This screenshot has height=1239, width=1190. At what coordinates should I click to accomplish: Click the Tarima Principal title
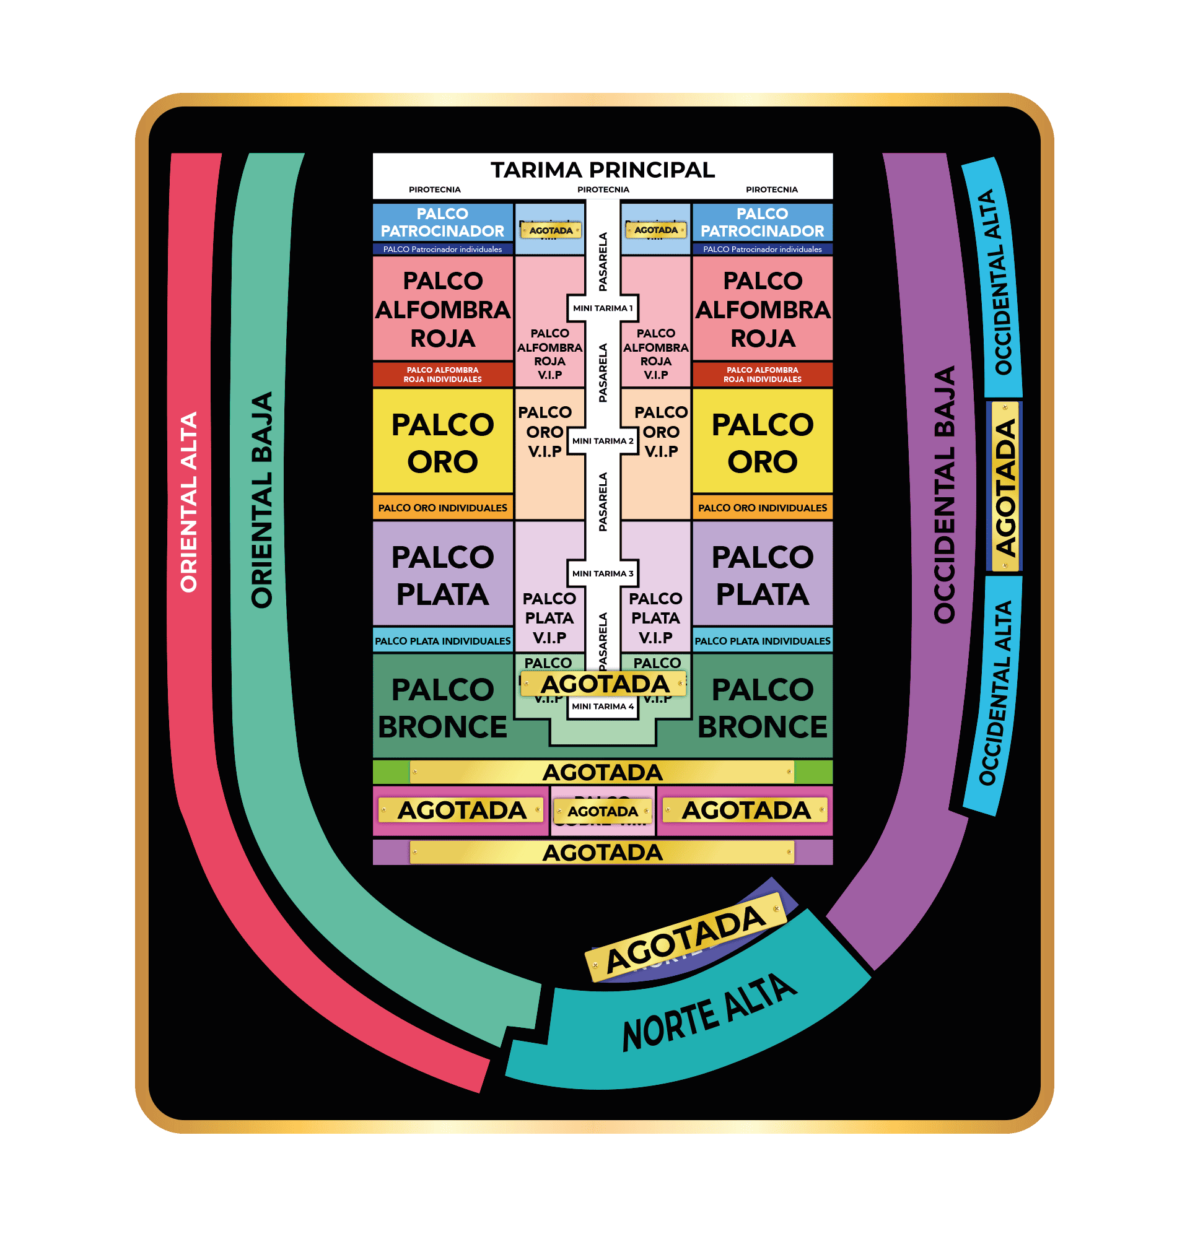tap(603, 170)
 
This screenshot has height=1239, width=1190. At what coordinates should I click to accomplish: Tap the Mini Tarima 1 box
tap(602, 308)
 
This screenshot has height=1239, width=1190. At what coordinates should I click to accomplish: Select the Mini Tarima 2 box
tap(602, 441)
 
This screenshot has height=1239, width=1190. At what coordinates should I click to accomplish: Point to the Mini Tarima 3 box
tap(602, 573)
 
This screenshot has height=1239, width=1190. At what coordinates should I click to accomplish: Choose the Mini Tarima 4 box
tap(602, 706)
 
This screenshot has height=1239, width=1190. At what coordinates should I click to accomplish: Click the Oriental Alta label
tap(189, 502)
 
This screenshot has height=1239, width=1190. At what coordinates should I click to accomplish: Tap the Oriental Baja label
tap(262, 500)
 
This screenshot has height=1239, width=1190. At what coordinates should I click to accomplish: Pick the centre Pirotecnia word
tap(603, 189)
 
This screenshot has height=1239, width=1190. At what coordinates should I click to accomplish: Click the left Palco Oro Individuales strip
tap(443, 508)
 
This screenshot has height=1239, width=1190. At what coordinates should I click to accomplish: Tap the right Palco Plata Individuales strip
tap(763, 641)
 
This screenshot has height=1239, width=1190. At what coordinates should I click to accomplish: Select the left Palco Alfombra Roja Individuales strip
tap(443, 374)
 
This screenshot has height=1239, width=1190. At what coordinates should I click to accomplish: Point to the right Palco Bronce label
tap(763, 708)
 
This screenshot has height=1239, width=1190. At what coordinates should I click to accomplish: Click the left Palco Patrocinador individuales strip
tap(443, 249)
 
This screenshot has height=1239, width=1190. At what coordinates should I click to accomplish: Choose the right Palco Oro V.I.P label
tap(661, 432)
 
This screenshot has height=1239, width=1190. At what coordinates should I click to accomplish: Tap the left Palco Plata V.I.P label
tap(549, 617)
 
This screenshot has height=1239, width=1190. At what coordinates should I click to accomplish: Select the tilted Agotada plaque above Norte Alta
tap(685, 939)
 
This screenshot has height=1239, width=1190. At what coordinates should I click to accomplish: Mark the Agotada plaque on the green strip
tap(602, 773)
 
